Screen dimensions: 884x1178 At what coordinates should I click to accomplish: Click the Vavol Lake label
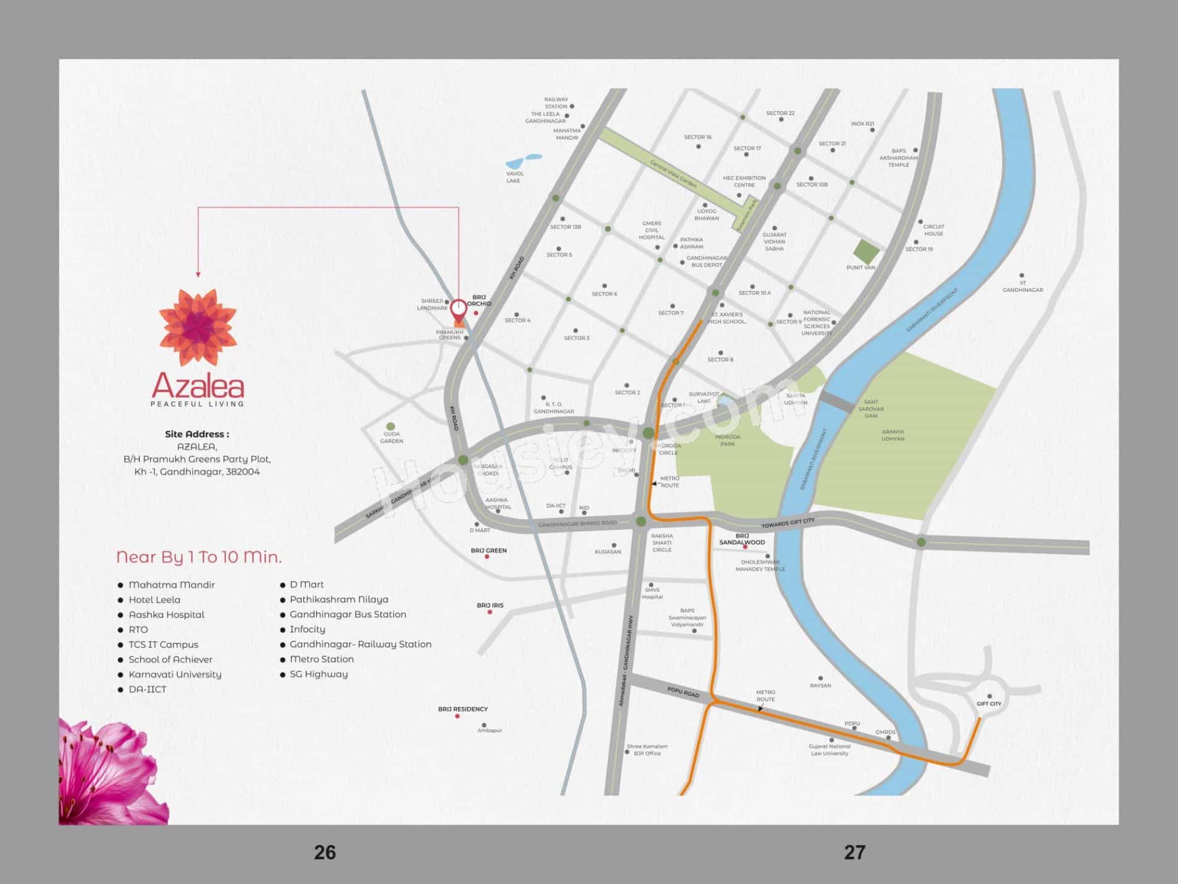(x=515, y=177)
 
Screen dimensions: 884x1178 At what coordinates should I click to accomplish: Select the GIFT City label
(x=988, y=703)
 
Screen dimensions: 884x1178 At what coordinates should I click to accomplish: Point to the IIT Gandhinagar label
(x=1022, y=286)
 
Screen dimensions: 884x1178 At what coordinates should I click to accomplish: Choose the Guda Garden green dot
(x=390, y=426)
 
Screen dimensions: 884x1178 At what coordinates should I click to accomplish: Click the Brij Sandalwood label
(x=742, y=539)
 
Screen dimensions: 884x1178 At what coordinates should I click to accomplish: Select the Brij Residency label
(x=463, y=709)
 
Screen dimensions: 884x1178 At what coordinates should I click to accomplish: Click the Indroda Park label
(x=727, y=440)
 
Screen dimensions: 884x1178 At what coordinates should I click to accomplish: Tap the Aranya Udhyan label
(x=893, y=435)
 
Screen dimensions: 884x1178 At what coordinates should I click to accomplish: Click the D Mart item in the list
(x=306, y=584)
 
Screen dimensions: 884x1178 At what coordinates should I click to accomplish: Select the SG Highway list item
(x=318, y=674)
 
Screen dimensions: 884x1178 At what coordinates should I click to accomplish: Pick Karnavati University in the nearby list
(x=174, y=674)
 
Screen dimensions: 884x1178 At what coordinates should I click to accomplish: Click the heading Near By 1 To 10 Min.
(x=199, y=557)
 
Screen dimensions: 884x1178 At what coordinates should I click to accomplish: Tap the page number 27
(x=854, y=852)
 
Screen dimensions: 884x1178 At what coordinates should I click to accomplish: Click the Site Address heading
(x=197, y=434)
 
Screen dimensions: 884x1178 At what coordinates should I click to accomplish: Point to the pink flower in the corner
(x=108, y=773)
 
